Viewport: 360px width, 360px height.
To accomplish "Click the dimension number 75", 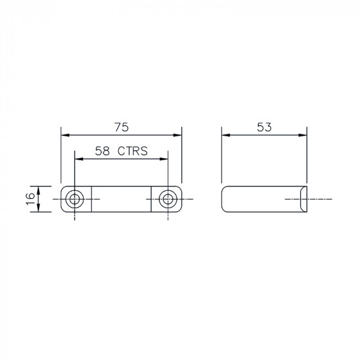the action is click(122, 127).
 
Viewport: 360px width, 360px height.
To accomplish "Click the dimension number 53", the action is click(264, 127).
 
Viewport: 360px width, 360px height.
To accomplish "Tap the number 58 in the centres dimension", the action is click(102, 151).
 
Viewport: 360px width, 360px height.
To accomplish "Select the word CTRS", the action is click(132, 151).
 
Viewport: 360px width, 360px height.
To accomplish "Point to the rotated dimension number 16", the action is click(30, 199).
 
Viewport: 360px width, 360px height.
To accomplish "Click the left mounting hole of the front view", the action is click(75, 199).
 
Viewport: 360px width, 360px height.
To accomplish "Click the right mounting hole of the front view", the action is click(168, 199).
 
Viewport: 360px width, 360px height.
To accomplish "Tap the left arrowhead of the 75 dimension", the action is click(65, 135).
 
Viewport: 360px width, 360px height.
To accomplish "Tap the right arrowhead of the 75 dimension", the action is click(177, 135).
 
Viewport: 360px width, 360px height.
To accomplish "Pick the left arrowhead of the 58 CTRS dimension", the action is click(79, 159).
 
